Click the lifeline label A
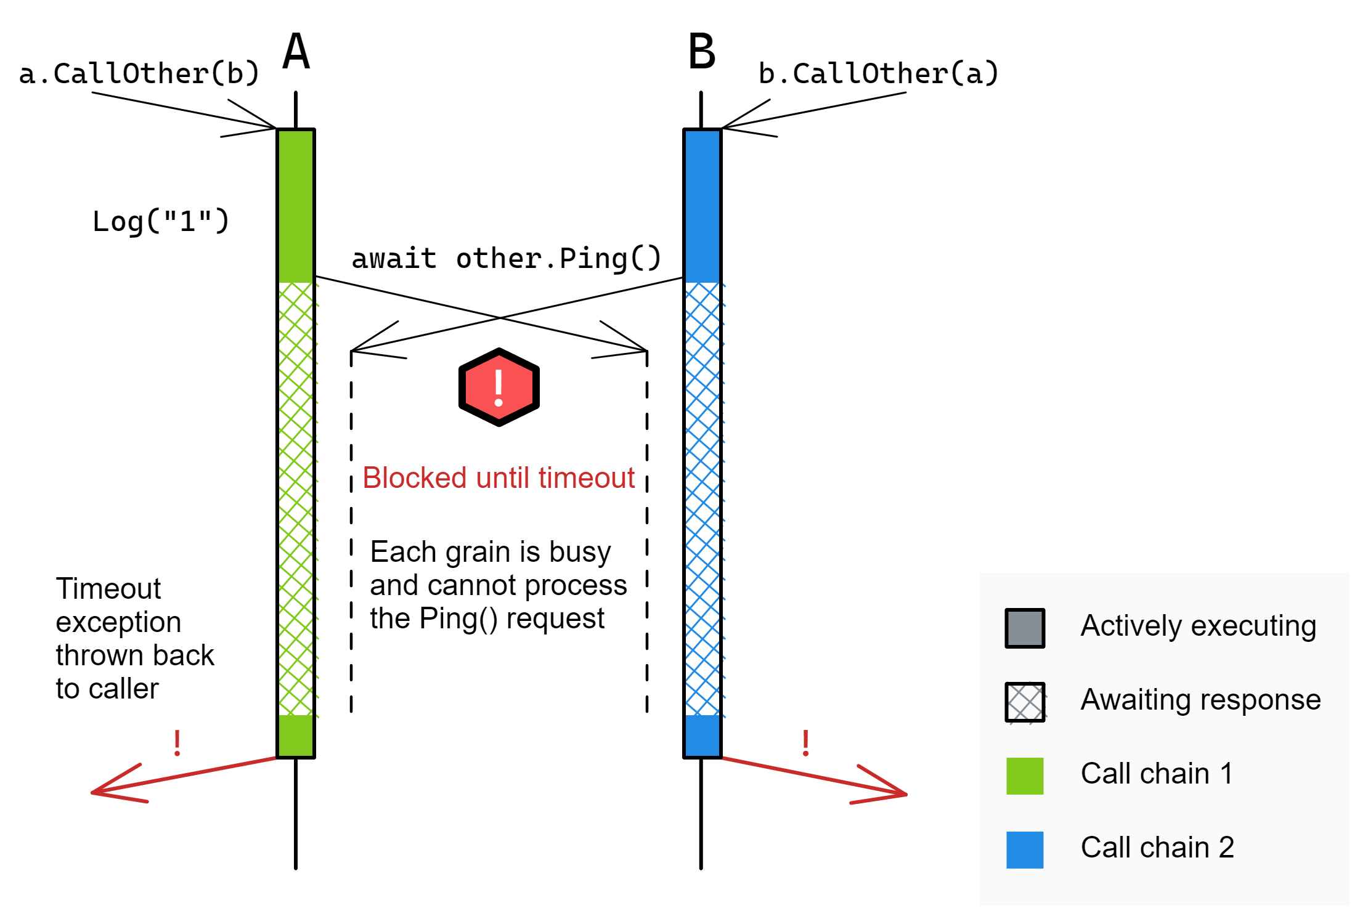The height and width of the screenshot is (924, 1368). (296, 52)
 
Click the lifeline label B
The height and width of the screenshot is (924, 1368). (702, 52)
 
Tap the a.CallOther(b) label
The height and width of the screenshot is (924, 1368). (139, 74)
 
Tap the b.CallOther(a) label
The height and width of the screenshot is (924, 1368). (878, 74)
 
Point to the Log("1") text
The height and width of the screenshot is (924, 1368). (161, 221)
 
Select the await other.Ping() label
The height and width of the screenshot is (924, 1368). (506, 258)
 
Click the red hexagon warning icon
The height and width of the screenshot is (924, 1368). (499, 387)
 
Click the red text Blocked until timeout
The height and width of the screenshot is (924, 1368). (498, 478)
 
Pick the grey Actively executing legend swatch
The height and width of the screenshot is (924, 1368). (1025, 628)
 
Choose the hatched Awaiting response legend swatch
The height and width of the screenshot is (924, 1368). (1025, 702)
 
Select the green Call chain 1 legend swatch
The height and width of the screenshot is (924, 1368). (1025, 776)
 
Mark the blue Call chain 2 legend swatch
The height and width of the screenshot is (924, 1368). (1025, 850)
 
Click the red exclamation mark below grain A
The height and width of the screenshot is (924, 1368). (177, 743)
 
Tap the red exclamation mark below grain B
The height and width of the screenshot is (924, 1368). (805, 743)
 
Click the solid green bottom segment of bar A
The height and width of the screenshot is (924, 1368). (296, 736)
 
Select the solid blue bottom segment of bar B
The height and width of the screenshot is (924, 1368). (702, 736)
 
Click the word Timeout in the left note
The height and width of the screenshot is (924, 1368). (108, 589)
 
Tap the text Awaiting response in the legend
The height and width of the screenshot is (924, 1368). (1200, 700)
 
